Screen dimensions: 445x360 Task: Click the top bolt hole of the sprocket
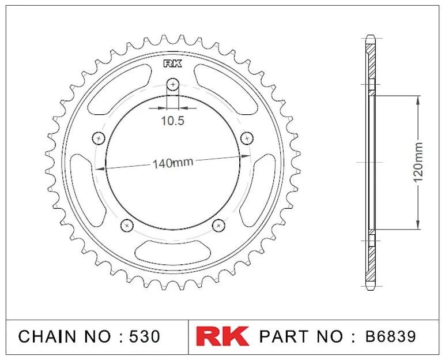coord(172,84)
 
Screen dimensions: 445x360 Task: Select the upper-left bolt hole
coord(99,138)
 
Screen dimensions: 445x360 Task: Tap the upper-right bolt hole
coord(247,138)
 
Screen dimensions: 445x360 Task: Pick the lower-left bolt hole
coord(127,226)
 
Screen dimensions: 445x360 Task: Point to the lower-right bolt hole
coord(218,226)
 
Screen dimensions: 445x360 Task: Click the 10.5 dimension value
coord(172,121)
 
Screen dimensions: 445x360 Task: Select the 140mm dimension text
coord(173,163)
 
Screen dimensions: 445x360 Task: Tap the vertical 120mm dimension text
coord(418,163)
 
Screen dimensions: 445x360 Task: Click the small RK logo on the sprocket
coord(172,63)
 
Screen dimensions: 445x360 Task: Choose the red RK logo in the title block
coord(223,336)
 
